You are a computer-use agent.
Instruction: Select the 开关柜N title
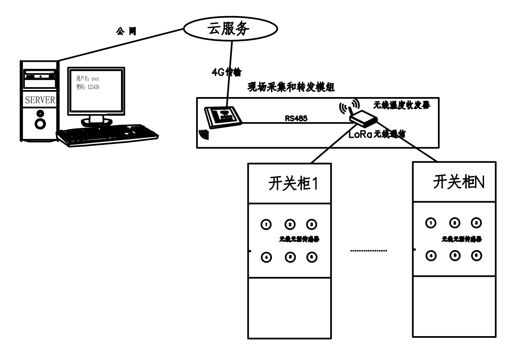[x=459, y=182]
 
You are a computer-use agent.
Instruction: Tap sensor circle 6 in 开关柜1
[x=312, y=257]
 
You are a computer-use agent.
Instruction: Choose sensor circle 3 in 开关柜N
[x=476, y=223]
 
